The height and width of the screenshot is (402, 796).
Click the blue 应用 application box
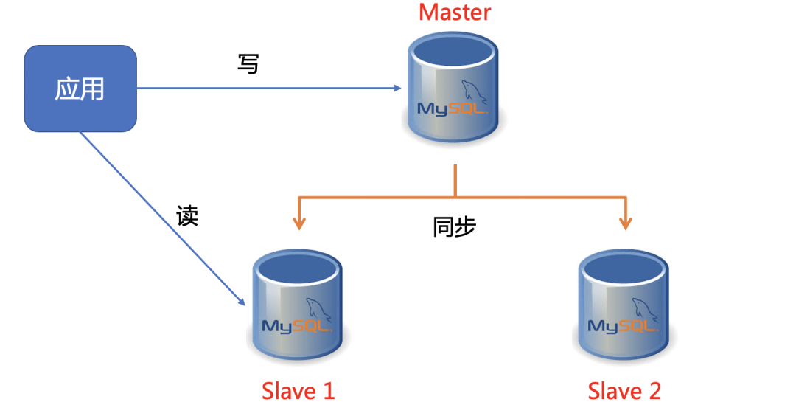point(80,89)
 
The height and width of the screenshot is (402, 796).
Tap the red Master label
point(454,13)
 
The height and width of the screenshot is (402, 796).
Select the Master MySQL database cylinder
point(453,91)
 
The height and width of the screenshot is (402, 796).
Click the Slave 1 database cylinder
point(298,306)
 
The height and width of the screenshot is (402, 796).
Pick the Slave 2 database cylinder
point(624,306)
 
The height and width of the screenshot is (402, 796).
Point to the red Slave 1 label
point(298,390)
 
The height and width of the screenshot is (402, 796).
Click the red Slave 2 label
point(624,390)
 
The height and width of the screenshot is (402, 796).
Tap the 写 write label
point(248,63)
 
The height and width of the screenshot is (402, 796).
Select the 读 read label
point(187,215)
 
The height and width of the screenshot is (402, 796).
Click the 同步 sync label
point(454,226)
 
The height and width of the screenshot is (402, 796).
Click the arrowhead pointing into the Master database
point(397,89)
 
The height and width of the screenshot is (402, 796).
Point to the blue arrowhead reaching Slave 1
point(240,301)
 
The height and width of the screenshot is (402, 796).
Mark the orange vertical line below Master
point(455,181)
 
